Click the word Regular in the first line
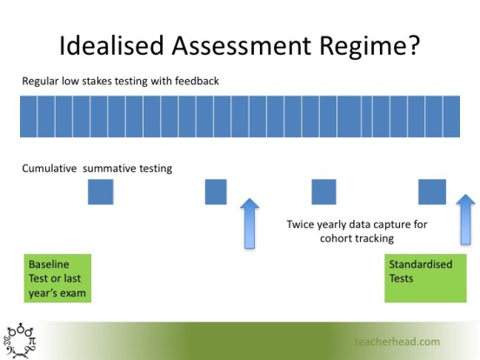[x=41, y=82]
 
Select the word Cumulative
[x=50, y=169]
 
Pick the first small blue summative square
[x=101, y=191]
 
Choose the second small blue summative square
[x=216, y=191]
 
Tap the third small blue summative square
[x=323, y=191]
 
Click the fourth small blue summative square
[x=432, y=191]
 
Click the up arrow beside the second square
[x=250, y=223]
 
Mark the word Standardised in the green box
[x=420, y=264]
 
